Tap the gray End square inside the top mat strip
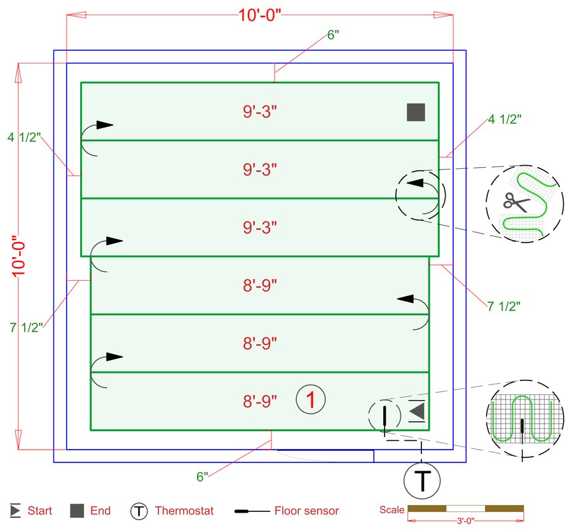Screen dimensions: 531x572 click(x=416, y=112)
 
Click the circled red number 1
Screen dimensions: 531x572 click(x=311, y=400)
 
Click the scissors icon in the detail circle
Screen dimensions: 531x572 click(x=515, y=201)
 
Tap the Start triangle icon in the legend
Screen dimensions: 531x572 click(x=15, y=511)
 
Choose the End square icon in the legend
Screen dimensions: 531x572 click(x=77, y=511)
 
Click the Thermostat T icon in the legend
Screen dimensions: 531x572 click(x=139, y=511)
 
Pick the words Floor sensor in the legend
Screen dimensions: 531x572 click(x=306, y=511)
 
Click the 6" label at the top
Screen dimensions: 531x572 click(x=333, y=36)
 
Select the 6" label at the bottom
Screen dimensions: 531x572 click(x=202, y=477)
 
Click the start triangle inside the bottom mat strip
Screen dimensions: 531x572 click(x=417, y=412)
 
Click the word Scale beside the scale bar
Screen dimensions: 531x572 click(x=392, y=510)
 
